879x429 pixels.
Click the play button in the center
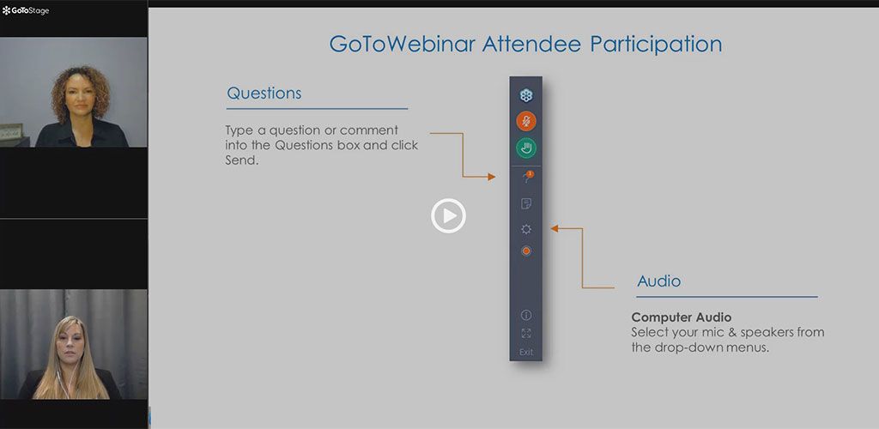pos(448,215)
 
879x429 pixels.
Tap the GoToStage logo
pos(26,10)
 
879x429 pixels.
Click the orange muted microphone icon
pos(526,121)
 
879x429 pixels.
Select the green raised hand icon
pos(526,148)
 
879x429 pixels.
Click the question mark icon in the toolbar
pos(526,178)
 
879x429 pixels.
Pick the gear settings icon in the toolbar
pos(526,229)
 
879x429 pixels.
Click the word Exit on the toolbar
pos(526,353)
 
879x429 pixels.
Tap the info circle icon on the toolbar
pos(526,315)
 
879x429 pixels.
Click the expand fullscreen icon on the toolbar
pos(526,334)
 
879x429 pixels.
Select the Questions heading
pos(264,93)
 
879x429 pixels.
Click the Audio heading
pos(658,281)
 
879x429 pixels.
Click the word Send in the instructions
pos(240,160)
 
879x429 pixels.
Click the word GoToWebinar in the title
pos(402,44)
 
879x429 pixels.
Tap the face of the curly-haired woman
pos(80,100)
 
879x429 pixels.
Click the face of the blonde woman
pos(70,343)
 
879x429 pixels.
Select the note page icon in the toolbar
pos(526,204)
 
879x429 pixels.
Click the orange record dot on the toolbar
pos(526,251)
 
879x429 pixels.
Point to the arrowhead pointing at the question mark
pos(492,177)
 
